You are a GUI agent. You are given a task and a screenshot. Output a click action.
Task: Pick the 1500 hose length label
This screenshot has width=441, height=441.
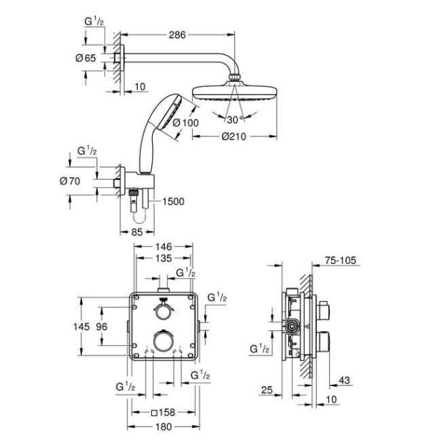173,202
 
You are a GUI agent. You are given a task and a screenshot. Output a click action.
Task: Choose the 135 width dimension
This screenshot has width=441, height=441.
163,260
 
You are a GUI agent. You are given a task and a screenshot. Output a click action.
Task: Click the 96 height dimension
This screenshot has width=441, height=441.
103,325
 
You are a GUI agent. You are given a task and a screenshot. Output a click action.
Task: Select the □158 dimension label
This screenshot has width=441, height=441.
163,412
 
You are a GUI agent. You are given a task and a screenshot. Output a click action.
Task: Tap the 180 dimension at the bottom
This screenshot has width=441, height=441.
163,427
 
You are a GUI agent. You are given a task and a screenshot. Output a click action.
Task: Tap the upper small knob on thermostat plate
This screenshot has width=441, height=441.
163,311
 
